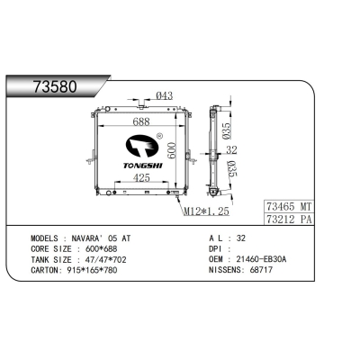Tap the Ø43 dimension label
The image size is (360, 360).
[x=164, y=96]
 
